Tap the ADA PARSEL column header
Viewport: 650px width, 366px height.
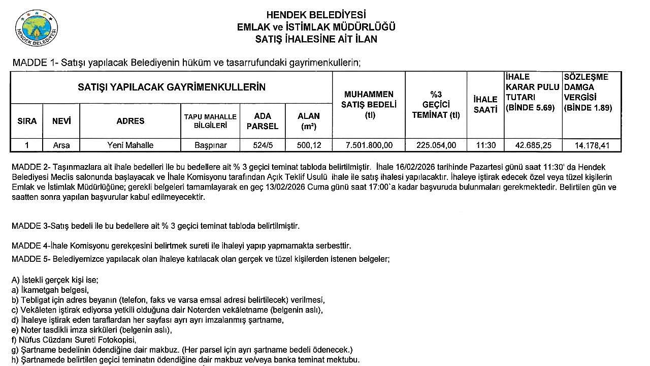point(263,121)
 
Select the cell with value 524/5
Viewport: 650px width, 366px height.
point(263,145)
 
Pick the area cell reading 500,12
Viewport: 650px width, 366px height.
point(309,145)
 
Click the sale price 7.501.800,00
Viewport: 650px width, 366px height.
point(369,145)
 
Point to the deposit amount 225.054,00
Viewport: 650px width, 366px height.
point(436,145)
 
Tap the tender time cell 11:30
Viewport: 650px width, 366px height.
point(485,145)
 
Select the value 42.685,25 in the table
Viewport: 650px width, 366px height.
point(533,145)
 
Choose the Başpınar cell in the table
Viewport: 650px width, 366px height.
point(210,145)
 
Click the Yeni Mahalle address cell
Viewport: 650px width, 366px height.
point(130,145)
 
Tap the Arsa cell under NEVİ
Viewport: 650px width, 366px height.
point(61,145)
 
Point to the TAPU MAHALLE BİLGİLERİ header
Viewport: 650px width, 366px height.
point(210,121)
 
